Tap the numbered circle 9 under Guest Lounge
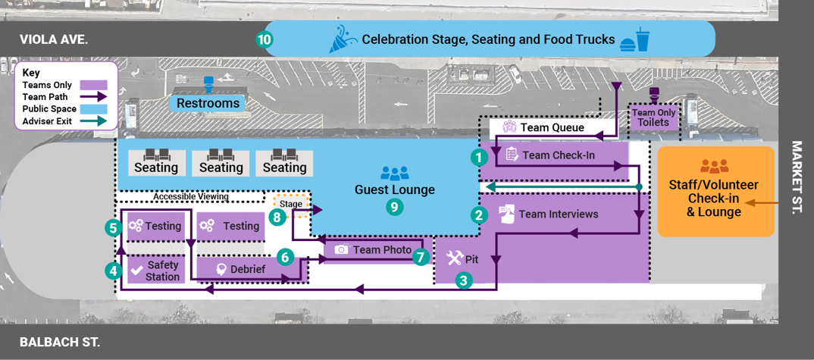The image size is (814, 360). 393,206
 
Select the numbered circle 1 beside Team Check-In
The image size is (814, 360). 478,157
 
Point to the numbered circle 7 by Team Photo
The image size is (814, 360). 421,256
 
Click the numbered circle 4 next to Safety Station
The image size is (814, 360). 113,269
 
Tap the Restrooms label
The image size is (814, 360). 208,103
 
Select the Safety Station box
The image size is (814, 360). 155,270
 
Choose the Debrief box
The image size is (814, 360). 242,269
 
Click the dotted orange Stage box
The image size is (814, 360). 290,204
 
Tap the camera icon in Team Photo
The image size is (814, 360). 341,249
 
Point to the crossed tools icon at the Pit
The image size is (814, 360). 454,258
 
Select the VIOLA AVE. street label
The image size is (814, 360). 54,39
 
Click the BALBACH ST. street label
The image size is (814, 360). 59,342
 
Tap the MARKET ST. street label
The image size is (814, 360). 797,177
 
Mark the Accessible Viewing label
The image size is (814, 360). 191,196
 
